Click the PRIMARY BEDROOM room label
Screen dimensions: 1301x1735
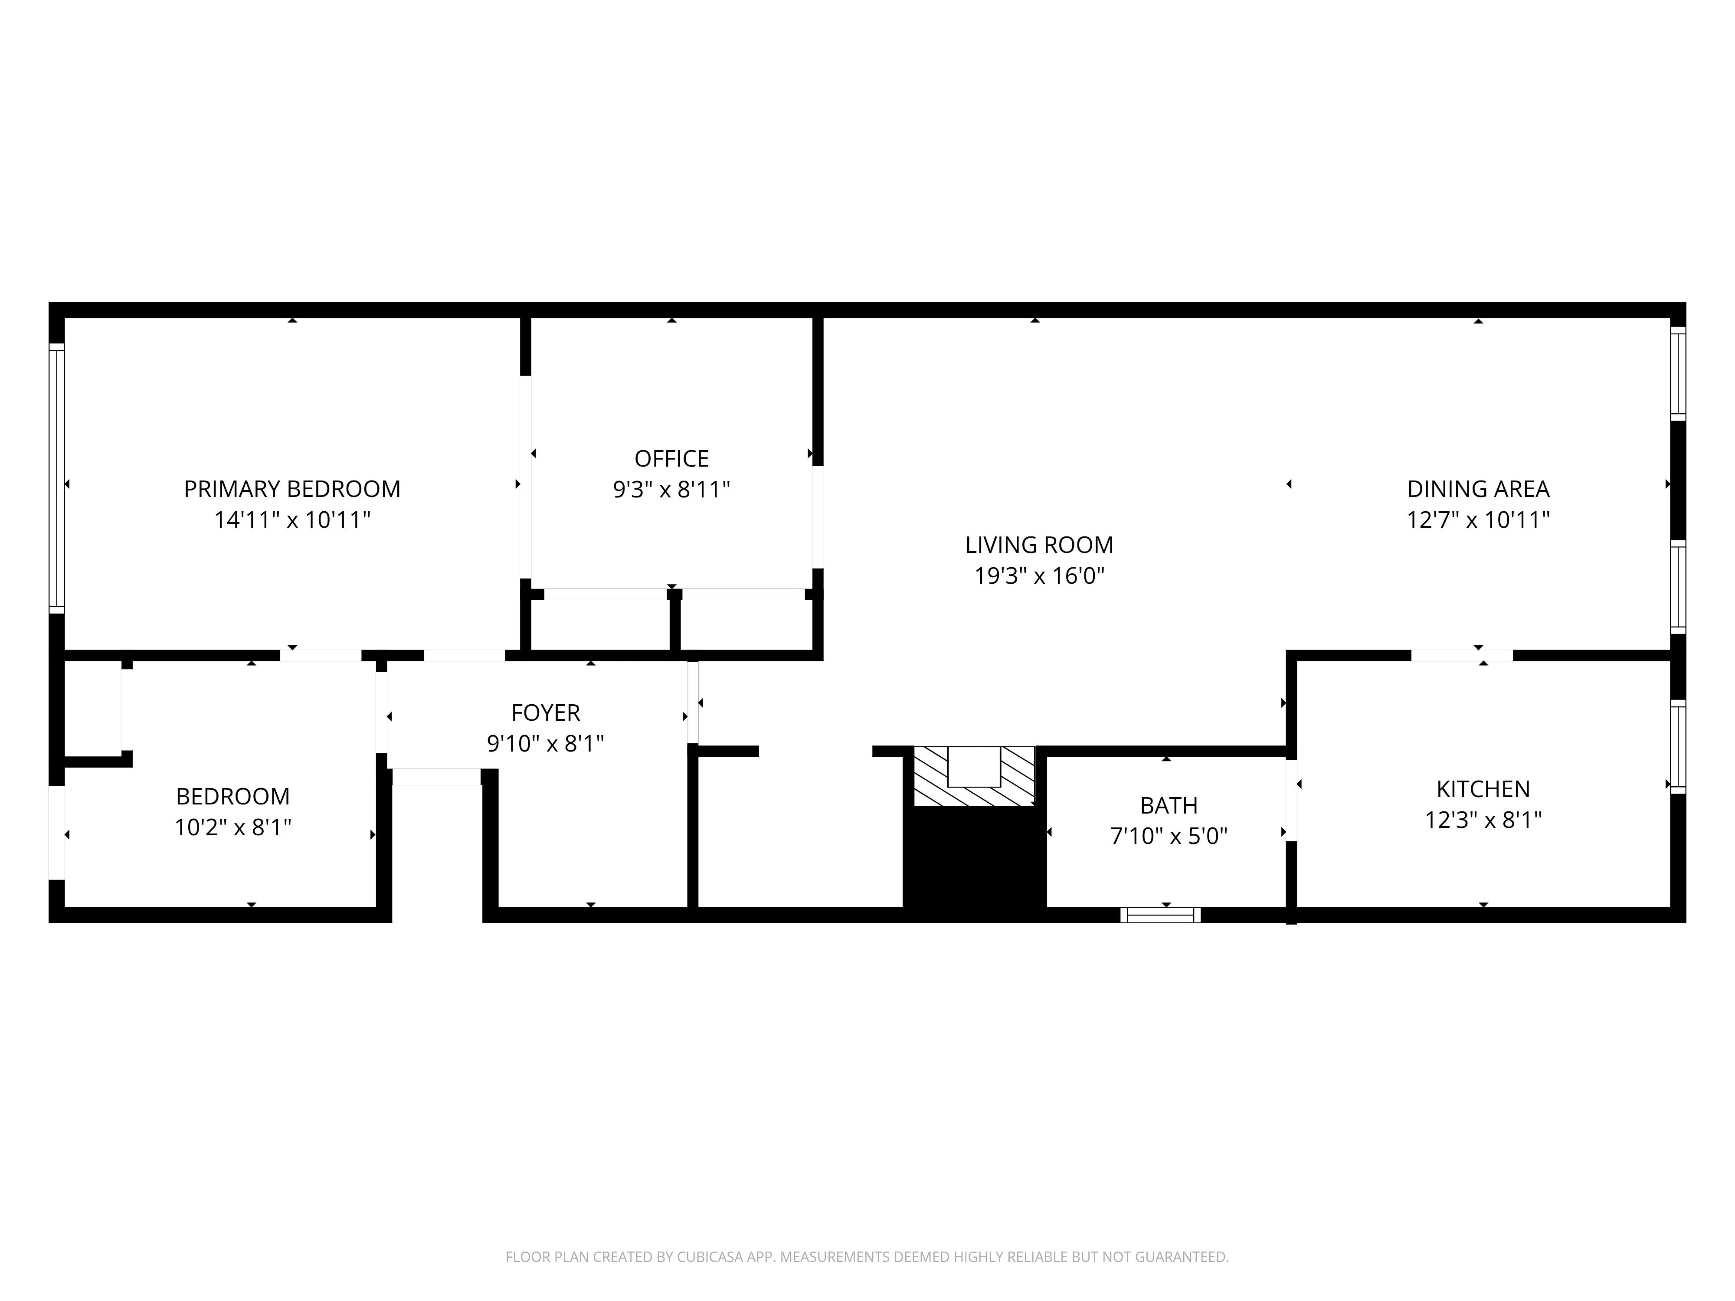click(292, 489)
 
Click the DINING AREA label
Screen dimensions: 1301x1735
click(1478, 489)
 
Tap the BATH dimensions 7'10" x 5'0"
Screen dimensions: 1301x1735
click(1168, 836)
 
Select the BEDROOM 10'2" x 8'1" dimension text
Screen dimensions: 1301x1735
click(233, 827)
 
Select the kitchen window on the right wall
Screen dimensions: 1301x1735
click(1678, 747)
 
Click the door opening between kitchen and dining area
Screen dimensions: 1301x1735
click(1461, 656)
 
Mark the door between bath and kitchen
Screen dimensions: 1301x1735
click(1290, 800)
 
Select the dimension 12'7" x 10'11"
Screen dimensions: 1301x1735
click(1478, 520)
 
